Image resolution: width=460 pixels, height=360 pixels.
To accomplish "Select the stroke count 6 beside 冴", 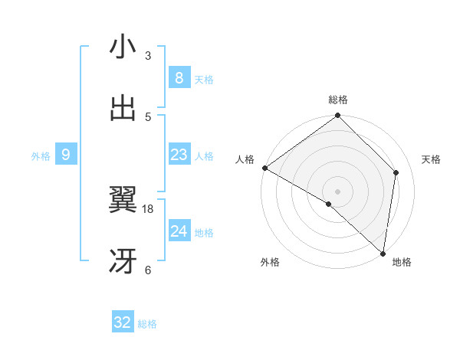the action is (148, 270).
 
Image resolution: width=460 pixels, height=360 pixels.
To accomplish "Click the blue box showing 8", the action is (179, 77).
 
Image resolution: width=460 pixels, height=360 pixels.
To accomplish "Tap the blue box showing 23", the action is (179, 155).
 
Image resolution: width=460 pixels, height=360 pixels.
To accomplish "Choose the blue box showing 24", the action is (179, 231).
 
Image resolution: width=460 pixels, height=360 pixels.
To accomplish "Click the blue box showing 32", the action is (123, 322).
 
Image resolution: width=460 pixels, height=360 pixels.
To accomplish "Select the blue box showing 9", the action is (66, 155).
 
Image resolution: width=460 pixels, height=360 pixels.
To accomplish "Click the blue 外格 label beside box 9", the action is (41, 156).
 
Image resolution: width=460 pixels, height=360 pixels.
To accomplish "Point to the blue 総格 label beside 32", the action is (147, 324).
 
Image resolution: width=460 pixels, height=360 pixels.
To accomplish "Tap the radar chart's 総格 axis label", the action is (338, 100).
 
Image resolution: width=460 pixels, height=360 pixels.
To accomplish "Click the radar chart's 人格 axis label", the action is (245, 159).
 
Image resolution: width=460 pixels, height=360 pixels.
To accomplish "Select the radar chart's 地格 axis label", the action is (402, 263).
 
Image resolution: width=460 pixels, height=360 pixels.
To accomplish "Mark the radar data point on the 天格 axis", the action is (396, 172).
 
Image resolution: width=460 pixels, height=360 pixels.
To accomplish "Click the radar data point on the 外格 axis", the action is (329, 204).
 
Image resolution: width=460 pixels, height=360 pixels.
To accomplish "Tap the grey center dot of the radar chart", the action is (338, 191).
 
